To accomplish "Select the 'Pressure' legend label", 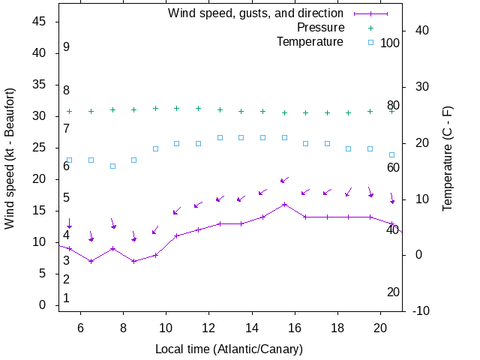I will (320, 28).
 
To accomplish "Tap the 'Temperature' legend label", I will (310, 42).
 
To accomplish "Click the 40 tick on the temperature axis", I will (417, 31).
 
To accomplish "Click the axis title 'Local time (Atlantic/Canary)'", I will (229, 349).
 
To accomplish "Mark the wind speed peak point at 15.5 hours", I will (284, 204).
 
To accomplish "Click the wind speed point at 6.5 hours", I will (91, 261).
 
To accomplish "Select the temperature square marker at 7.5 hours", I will (112, 166).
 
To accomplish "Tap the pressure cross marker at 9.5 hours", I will (155, 108).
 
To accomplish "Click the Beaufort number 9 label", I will (66, 46).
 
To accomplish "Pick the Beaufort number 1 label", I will (66, 298).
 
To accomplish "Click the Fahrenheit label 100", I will (390, 43).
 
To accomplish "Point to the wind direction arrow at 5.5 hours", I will (69, 223).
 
